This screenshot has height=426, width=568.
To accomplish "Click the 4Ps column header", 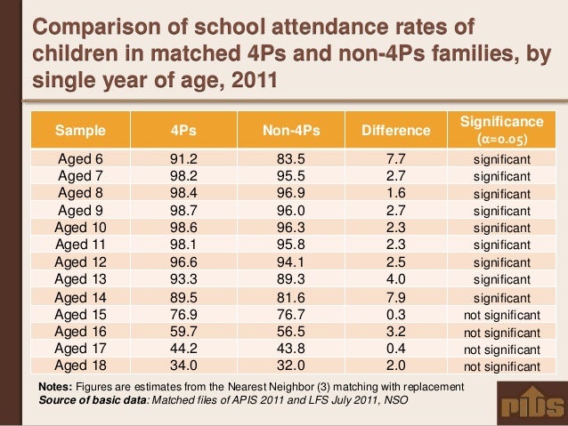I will click(x=183, y=132).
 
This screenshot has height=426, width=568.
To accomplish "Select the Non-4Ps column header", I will click(x=290, y=132).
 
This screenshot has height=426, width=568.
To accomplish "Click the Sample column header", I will click(x=80, y=132).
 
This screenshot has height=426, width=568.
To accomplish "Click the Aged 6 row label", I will click(x=80, y=158).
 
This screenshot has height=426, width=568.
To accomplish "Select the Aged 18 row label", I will click(x=80, y=366).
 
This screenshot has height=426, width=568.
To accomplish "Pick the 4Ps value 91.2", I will click(x=183, y=158).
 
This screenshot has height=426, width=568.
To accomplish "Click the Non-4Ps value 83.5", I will click(x=290, y=158).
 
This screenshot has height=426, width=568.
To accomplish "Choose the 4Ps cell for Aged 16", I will click(x=183, y=332).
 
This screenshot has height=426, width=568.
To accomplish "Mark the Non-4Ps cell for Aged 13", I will click(x=290, y=279).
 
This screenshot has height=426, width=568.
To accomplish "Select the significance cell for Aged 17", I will click(x=502, y=350).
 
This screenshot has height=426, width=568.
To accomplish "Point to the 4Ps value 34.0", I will click(x=183, y=366).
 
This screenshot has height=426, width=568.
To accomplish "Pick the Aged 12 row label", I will click(x=80, y=262).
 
